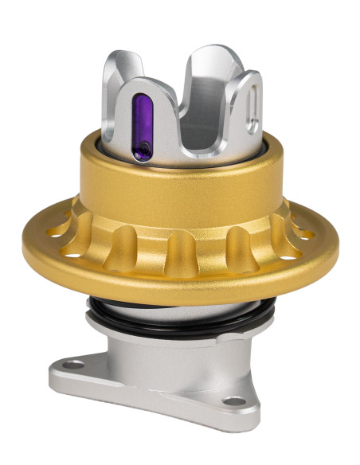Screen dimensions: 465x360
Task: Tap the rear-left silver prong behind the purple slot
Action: click(x=119, y=88)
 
